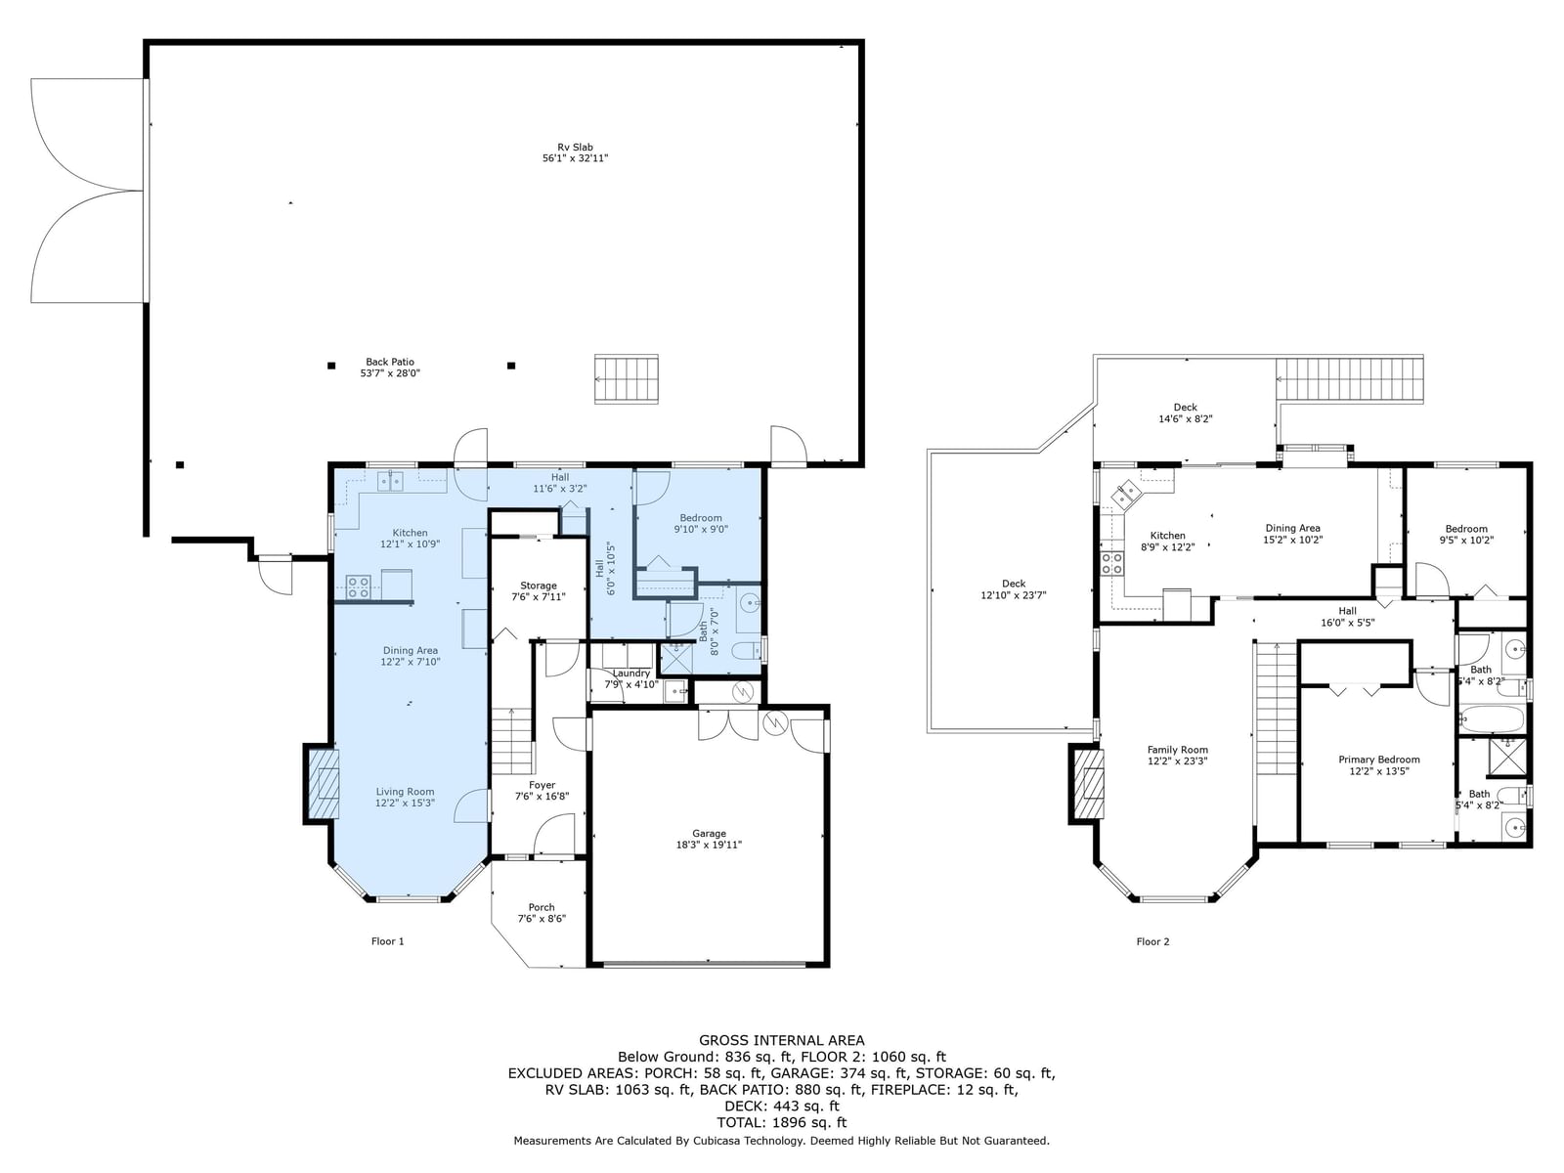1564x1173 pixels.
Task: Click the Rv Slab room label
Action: [575, 148]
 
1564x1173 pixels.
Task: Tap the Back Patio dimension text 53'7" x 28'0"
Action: [390, 372]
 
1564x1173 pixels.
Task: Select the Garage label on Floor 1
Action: [709, 833]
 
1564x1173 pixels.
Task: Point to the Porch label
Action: [541, 907]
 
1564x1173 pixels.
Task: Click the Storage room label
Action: [538, 586]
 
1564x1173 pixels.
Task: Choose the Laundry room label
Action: [630, 673]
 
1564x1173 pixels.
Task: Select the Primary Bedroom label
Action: [1378, 760]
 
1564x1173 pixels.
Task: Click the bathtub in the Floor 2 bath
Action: [1492, 718]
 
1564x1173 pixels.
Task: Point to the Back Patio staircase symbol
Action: [627, 379]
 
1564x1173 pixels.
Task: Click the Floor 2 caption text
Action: [1152, 941]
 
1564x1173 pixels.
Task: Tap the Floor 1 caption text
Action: [388, 941]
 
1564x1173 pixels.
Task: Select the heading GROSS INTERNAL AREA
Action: [782, 1040]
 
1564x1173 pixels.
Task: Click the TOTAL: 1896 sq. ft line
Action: [782, 1122]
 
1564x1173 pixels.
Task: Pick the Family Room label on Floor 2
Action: [1177, 749]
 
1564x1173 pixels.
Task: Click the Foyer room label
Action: [542, 785]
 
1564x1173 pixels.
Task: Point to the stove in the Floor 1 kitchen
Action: [358, 586]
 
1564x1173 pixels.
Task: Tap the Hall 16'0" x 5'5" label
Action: [1347, 616]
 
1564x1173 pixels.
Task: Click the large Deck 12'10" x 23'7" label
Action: [1014, 589]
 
